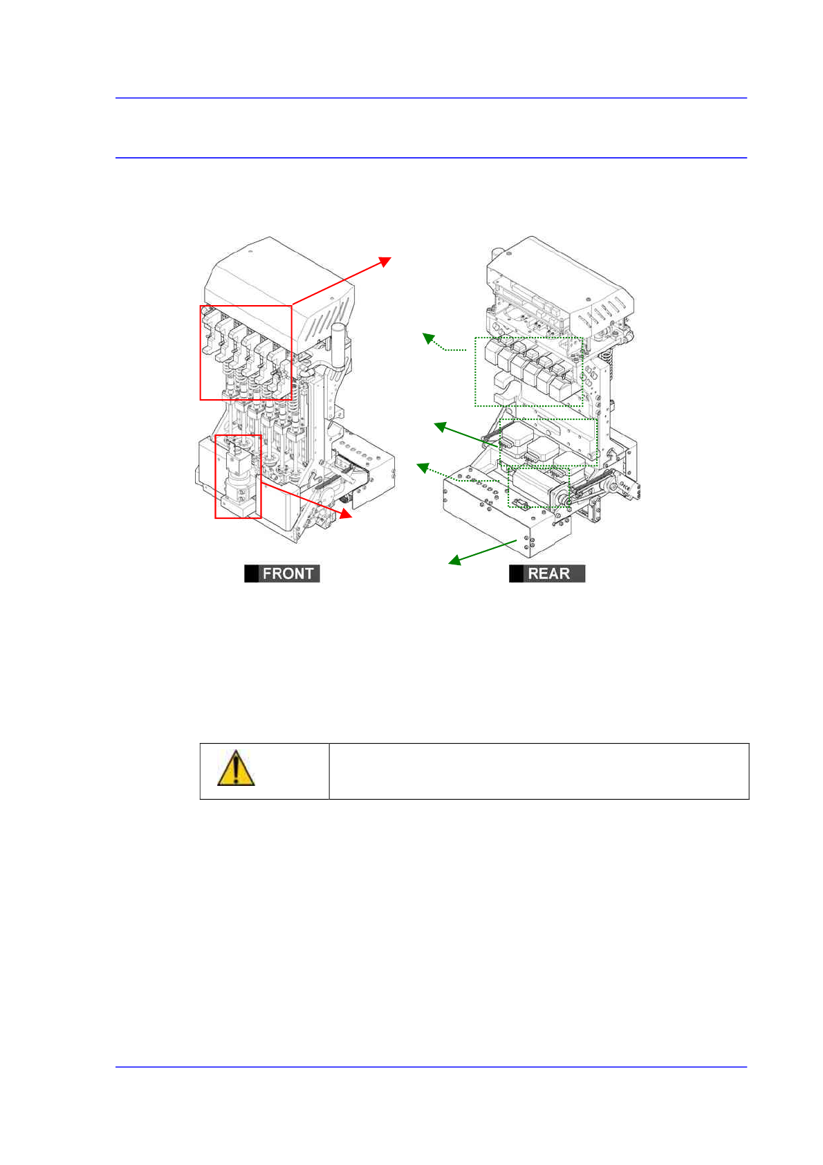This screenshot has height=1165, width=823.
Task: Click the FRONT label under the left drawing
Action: pos(282,574)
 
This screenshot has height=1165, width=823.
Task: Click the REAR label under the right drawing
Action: pos(547,574)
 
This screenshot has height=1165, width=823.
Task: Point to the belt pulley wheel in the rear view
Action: pos(561,496)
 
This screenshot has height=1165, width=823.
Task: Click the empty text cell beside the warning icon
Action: pos(539,771)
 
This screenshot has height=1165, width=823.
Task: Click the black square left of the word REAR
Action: pos(516,574)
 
